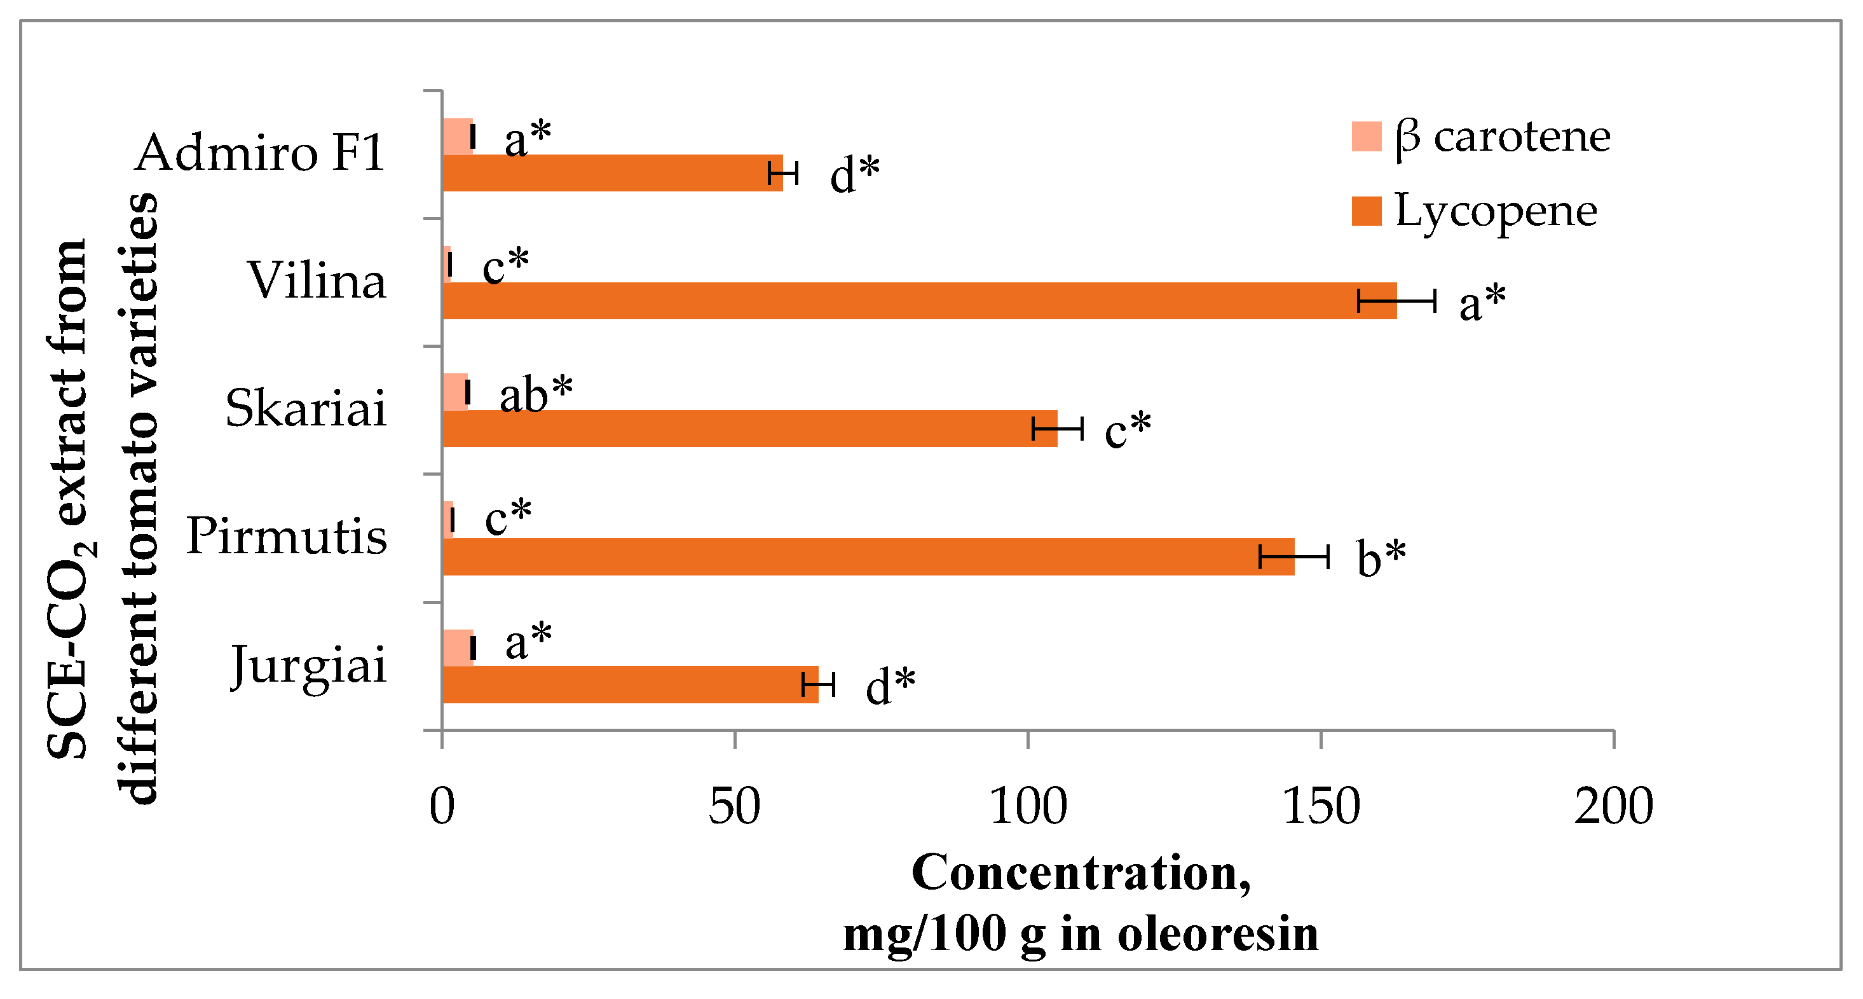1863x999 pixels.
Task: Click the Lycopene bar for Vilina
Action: click(x=918, y=300)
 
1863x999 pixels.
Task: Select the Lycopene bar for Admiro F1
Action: click(x=612, y=173)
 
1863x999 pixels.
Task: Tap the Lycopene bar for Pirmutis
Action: click(x=868, y=556)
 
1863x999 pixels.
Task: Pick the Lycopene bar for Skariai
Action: click(x=749, y=428)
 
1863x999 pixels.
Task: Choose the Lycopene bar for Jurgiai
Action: click(x=629, y=684)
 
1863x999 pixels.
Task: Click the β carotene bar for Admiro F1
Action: click(x=457, y=137)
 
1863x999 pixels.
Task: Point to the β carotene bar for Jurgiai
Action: click(x=457, y=647)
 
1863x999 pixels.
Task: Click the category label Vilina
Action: click(x=317, y=280)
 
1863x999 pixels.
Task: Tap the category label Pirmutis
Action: click(x=287, y=537)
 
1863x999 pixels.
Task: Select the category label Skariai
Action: click(x=306, y=409)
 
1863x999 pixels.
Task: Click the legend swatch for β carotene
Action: click(x=1366, y=136)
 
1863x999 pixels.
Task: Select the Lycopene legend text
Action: click(x=1496, y=211)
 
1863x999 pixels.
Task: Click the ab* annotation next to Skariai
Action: click(x=535, y=395)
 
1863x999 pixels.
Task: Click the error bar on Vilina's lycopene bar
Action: click(x=1396, y=300)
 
